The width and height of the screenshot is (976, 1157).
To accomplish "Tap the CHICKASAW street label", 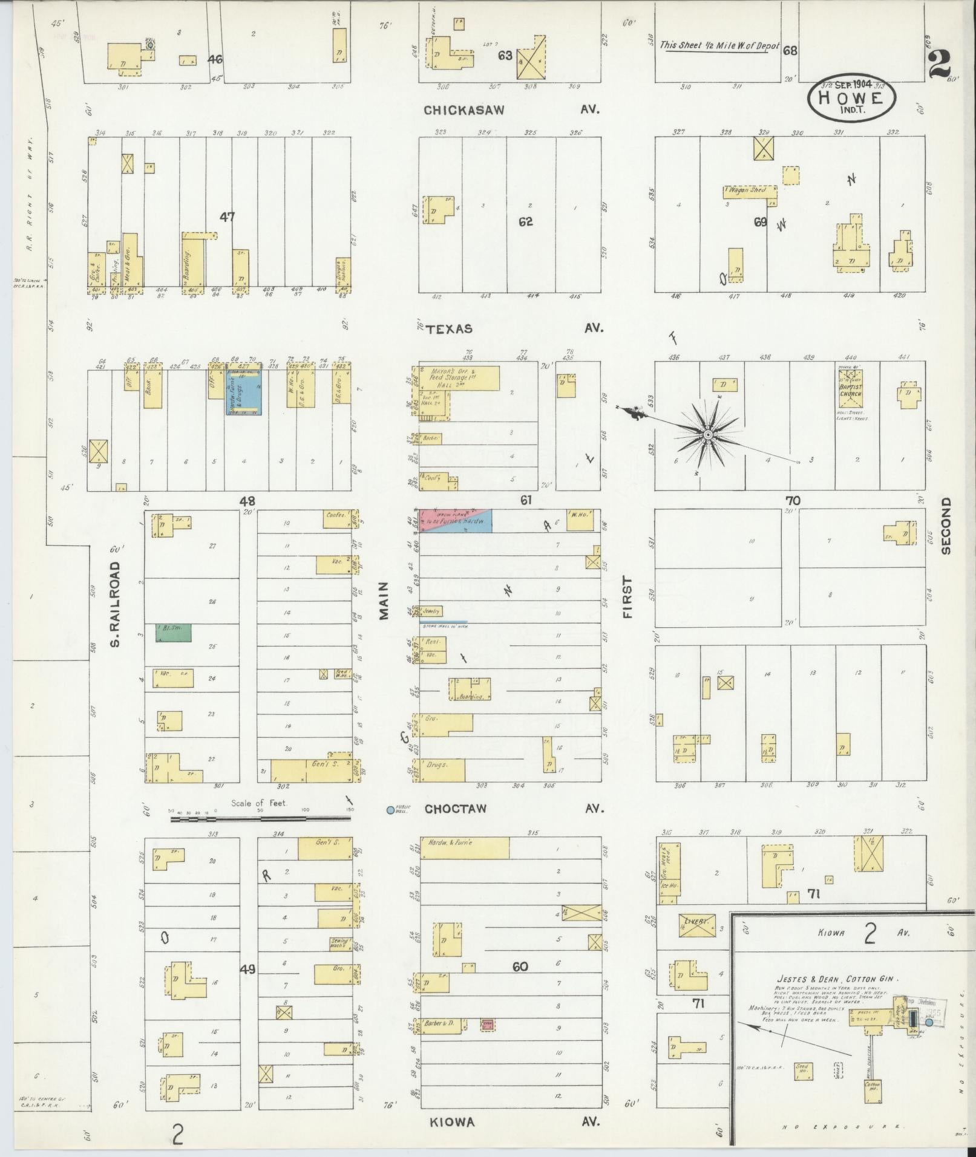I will pyautogui.click(x=464, y=110).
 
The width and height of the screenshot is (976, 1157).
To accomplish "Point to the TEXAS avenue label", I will pyautogui.click(x=449, y=329).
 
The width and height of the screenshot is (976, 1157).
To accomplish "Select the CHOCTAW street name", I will pyautogui.click(x=455, y=809).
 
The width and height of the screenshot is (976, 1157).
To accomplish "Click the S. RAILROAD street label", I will pyautogui.click(x=116, y=604).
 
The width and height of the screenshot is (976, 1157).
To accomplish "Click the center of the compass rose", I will pyautogui.click(x=707, y=434).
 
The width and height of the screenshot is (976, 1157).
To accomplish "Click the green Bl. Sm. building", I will pyautogui.click(x=174, y=633).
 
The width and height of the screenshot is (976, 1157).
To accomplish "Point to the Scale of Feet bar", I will pyautogui.click(x=260, y=819).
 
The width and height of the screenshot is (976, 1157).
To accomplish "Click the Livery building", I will pyautogui.click(x=696, y=942).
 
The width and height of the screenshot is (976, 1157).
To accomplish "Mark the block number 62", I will pyautogui.click(x=525, y=221).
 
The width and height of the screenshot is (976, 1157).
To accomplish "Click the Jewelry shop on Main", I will pyautogui.click(x=432, y=611).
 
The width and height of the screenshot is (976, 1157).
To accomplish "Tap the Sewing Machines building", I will pyautogui.click(x=339, y=942).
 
